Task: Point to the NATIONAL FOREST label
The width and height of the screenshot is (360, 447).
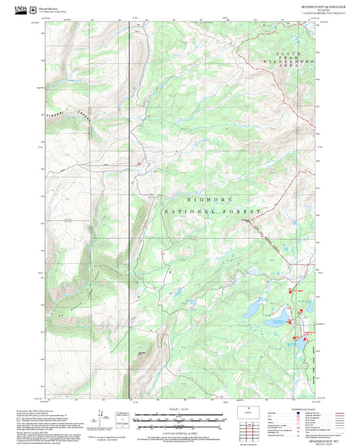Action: (210, 212)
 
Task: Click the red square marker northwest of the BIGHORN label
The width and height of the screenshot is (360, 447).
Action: (139, 163)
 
